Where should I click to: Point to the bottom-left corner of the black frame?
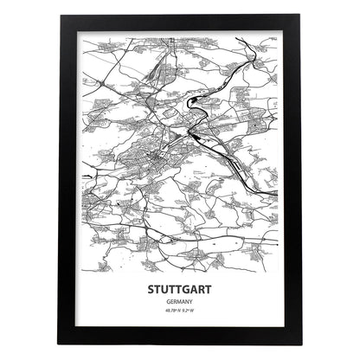tap(64, 340)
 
